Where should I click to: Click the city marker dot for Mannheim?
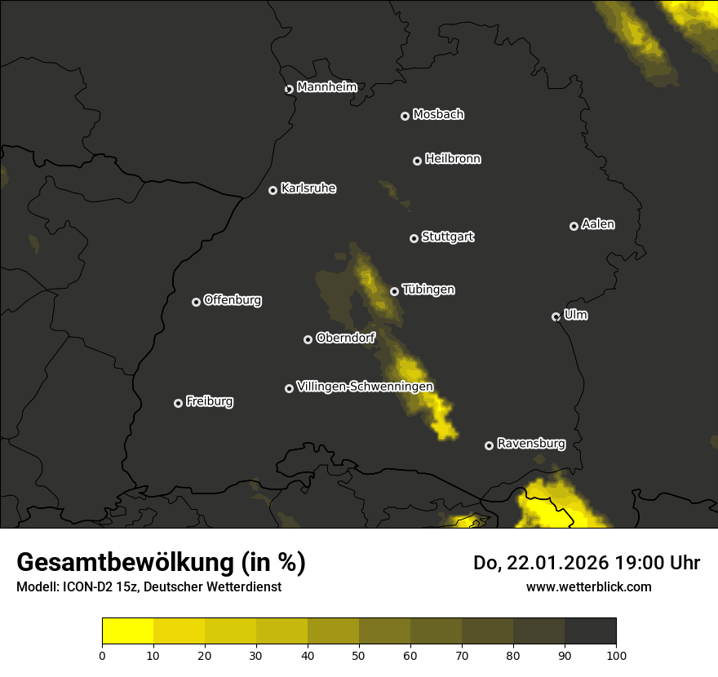[x=289, y=90]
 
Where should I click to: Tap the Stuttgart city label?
[x=447, y=237]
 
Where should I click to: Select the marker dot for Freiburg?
[x=179, y=403]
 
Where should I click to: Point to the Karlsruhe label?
[x=308, y=188]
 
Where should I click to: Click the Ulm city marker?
[x=556, y=316]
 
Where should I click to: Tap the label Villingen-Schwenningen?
[x=365, y=387]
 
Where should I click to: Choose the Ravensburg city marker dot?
[x=490, y=445]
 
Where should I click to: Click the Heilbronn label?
[x=453, y=159]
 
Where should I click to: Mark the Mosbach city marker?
[x=405, y=117]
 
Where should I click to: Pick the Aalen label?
[x=597, y=224]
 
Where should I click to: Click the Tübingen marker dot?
[x=395, y=291]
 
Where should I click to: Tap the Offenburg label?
[x=233, y=300]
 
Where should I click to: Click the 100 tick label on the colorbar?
[x=616, y=654]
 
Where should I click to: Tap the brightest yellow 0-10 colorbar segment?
[x=128, y=631]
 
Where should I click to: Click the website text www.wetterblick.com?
[x=588, y=586]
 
